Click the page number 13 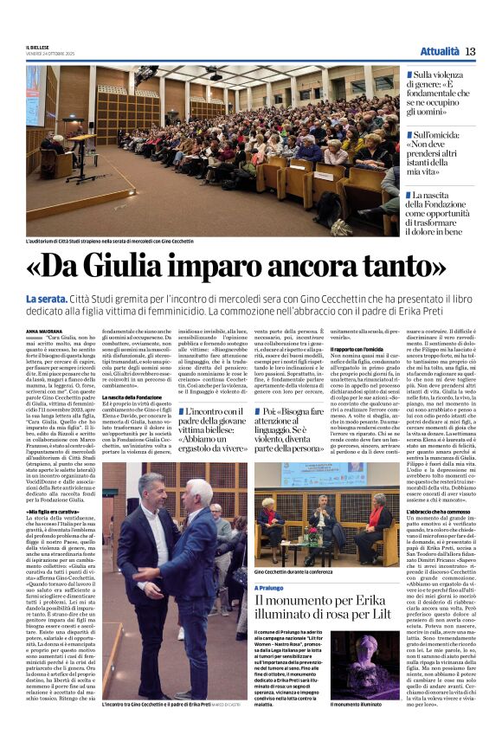pyautogui.click(x=470, y=51)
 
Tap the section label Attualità pyautogui.click(x=438, y=51)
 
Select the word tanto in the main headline pyautogui.click(x=415, y=263)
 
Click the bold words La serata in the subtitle pyautogui.click(x=46, y=300)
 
